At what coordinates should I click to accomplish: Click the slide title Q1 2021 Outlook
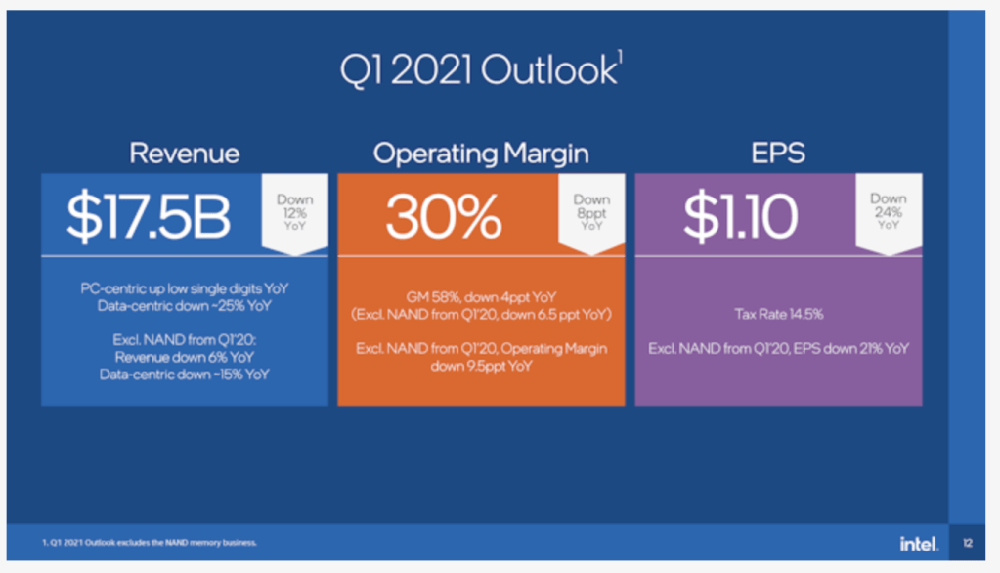[x=478, y=70]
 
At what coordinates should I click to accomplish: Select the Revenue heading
[x=184, y=154]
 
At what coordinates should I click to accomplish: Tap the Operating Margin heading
[x=481, y=154]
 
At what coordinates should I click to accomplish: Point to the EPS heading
[x=778, y=154]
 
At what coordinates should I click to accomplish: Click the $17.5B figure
[x=149, y=217]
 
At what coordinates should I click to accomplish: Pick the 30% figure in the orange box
[x=443, y=217]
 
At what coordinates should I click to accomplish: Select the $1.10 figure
[x=740, y=217]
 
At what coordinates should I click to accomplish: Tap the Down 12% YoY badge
[x=294, y=211]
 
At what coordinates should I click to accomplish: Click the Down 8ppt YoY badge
[x=591, y=211]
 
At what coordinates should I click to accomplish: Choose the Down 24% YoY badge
[x=888, y=211]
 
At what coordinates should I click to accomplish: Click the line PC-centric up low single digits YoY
[x=185, y=289]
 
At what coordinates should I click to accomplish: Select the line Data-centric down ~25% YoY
[x=185, y=306]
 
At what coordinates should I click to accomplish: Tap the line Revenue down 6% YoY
[x=185, y=357]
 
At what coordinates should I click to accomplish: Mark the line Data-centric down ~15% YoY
[x=185, y=374]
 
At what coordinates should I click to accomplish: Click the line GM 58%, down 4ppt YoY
[x=481, y=297]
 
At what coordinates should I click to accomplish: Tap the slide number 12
[x=967, y=544]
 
